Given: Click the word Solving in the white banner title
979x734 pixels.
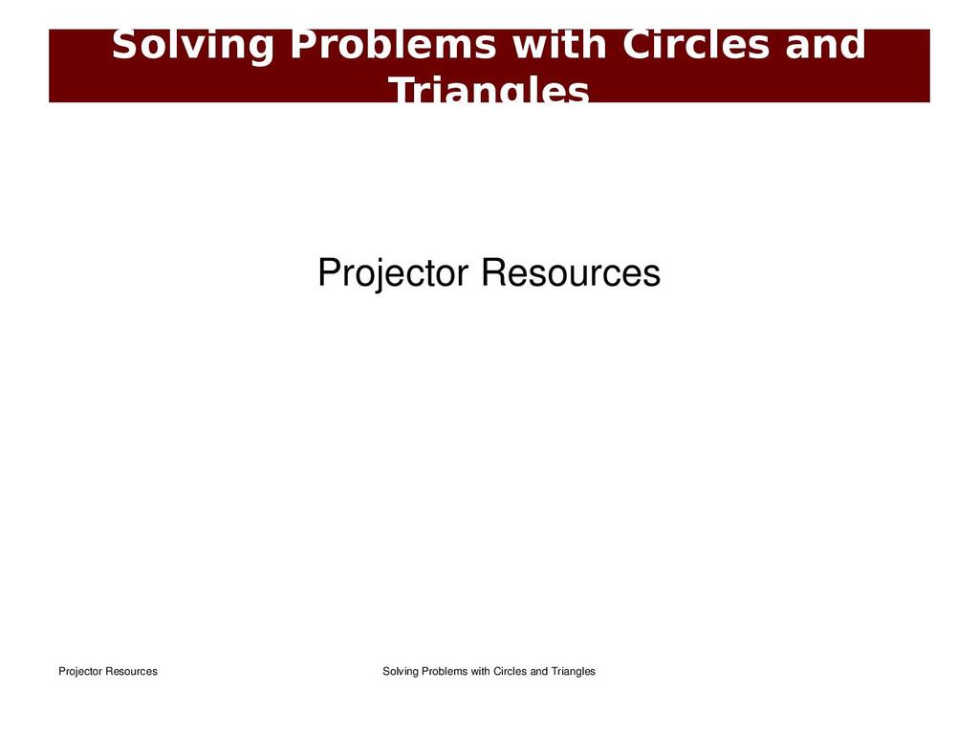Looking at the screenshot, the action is coord(193,46).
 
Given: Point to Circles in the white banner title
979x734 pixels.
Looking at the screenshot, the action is coord(696,44).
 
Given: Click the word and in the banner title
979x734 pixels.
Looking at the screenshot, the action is coord(825,44).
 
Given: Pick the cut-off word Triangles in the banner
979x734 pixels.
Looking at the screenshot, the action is coord(489,89).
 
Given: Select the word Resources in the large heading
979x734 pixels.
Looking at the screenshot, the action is coord(571,272).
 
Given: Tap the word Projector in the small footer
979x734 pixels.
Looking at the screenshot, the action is coord(80,672).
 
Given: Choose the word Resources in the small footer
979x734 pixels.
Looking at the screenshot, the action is coord(131,672).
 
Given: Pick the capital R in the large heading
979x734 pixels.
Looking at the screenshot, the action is coord(493,272).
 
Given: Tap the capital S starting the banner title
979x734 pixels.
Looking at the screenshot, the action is coord(123,44).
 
